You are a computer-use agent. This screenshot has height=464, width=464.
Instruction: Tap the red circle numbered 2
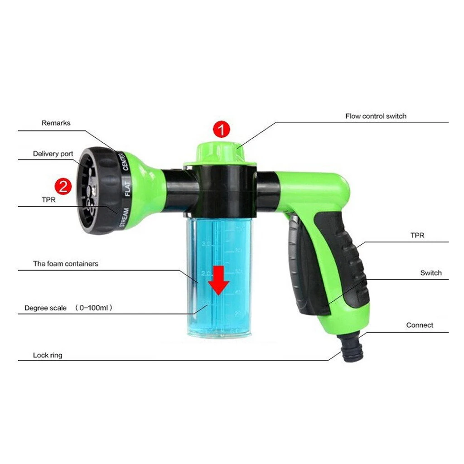click(63, 186)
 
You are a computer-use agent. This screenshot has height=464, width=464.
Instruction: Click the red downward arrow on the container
click(219, 280)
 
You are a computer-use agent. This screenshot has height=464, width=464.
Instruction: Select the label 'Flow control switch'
click(376, 116)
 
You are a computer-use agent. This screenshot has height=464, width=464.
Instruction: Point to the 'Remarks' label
click(56, 123)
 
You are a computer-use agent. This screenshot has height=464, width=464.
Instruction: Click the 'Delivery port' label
click(53, 154)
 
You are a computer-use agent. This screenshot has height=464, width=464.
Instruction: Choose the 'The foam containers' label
click(65, 263)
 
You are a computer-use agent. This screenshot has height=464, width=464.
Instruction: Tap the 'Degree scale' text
click(45, 308)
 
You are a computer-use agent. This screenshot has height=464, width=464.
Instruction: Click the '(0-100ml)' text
click(93, 308)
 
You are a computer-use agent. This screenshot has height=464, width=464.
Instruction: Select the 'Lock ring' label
click(48, 355)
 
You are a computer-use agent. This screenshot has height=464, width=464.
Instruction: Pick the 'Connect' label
click(419, 325)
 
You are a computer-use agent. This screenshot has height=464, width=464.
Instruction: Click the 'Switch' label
click(430, 273)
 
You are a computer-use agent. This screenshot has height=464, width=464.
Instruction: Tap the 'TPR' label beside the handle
click(417, 236)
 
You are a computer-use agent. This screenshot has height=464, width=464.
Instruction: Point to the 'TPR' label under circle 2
click(48, 199)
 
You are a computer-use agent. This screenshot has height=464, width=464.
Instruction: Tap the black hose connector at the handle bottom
click(351, 351)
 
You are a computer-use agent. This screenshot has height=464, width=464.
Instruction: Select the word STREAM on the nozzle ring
click(123, 217)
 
